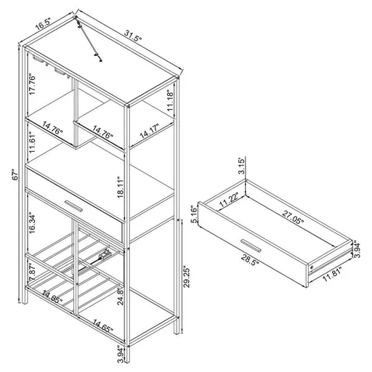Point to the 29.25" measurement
[187, 277]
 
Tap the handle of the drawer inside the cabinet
[75, 201]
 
